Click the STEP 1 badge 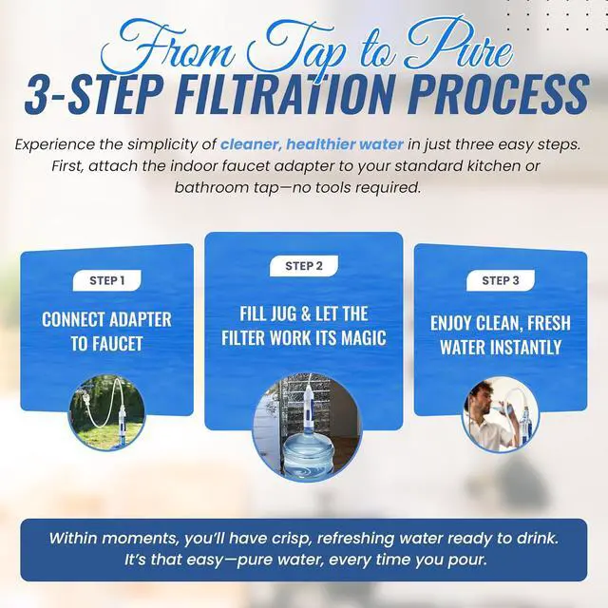[107, 280]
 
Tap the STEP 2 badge [304, 266]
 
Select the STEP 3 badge [501, 280]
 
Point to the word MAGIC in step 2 [364, 338]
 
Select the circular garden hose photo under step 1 [106, 413]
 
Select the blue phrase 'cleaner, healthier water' [313, 144]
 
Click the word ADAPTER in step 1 [140, 319]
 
